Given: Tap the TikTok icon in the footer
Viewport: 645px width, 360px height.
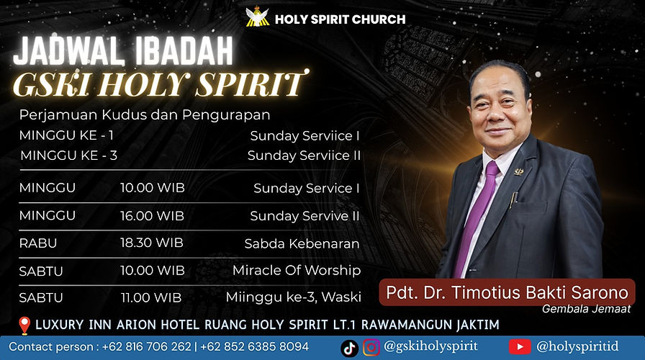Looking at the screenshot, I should (349, 347).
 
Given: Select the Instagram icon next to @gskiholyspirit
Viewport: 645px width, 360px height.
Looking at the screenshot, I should (371, 347).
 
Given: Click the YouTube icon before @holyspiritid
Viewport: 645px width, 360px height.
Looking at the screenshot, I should (520, 347).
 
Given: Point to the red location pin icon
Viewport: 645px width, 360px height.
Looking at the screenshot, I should (24, 325).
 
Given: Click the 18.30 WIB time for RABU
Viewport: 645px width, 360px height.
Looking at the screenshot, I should (152, 243).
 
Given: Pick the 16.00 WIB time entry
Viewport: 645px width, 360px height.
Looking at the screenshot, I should (152, 215).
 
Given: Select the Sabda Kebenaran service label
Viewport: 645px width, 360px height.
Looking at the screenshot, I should (302, 243).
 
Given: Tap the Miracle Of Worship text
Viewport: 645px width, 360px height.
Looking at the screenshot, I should (296, 271).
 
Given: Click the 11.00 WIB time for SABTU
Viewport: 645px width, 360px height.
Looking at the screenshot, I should (150, 297).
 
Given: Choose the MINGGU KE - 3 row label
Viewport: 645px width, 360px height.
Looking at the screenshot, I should (68, 156).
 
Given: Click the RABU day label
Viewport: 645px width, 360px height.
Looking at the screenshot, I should (38, 243).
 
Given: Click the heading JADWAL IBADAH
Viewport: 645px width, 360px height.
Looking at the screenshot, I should (123, 53).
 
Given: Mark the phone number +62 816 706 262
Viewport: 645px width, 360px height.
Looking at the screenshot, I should (147, 346).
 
